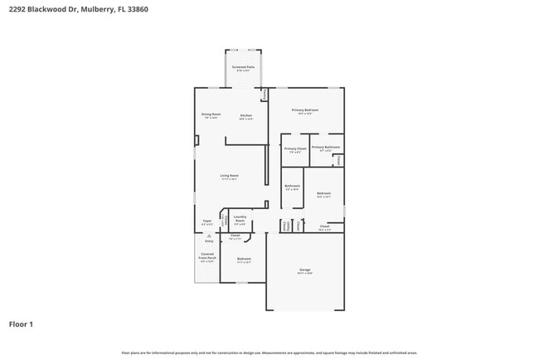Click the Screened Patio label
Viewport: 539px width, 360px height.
coord(243,68)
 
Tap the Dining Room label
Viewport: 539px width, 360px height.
coord(211,115)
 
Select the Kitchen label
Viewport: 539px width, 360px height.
coord(246,116)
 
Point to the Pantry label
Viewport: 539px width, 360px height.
coord(265,95)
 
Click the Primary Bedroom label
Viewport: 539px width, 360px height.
coord(305,111)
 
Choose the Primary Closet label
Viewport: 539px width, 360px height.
coord(295,149)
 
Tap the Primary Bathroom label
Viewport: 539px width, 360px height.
coord(326,148)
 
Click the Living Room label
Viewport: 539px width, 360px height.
coord(229,177)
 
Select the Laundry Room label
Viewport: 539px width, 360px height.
coord(240,221)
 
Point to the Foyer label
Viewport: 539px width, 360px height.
coord(207,221)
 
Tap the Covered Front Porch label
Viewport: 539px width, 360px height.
coord(206,257)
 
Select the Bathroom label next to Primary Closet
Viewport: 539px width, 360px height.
coord(292,187)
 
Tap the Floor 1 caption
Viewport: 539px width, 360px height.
coord(21,324)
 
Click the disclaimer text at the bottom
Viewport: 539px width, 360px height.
coord(269,353)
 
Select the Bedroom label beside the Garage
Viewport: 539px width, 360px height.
coord(244,260)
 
